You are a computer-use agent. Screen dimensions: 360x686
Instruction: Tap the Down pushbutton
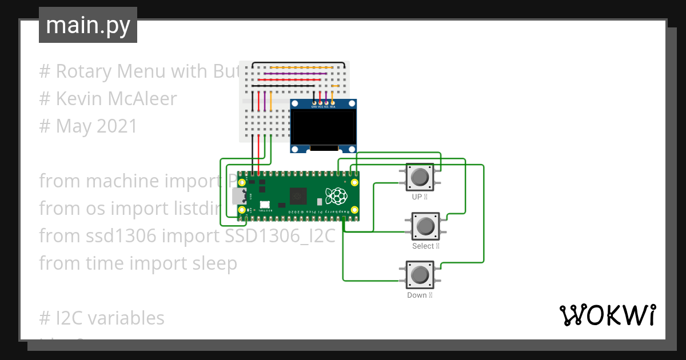[x=420, y=275]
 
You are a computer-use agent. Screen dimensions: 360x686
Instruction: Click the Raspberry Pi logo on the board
[x=336, y=196]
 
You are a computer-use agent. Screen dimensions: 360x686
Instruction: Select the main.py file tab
[x=88, y=25]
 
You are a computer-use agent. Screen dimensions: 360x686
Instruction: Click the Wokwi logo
[x=607, y=315]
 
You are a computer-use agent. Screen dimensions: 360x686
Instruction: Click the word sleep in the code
[x=212, y=263]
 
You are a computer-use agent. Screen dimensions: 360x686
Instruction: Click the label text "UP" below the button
[x=417, y=197]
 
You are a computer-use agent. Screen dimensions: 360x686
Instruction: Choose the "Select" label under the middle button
[x=422, y=246]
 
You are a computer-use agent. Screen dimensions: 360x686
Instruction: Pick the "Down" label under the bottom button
[x=417, y=295]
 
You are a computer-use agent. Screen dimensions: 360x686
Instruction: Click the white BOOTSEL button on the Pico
[x=264, y=205]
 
